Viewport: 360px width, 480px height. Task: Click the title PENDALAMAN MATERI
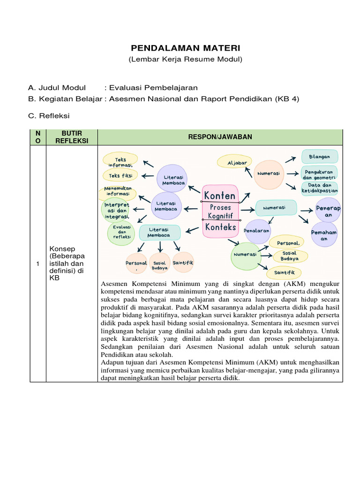185,48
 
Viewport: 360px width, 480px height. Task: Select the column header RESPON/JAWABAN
220,137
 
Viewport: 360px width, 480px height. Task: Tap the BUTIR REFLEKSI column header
71,137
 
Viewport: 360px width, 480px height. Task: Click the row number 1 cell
37,264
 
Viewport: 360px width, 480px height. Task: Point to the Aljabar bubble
237,162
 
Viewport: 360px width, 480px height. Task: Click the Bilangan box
319,157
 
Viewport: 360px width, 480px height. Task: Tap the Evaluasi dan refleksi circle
121,232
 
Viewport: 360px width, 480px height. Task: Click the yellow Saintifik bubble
284,272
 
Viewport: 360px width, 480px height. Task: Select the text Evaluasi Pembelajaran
153,88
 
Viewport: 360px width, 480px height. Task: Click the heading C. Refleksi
49,115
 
